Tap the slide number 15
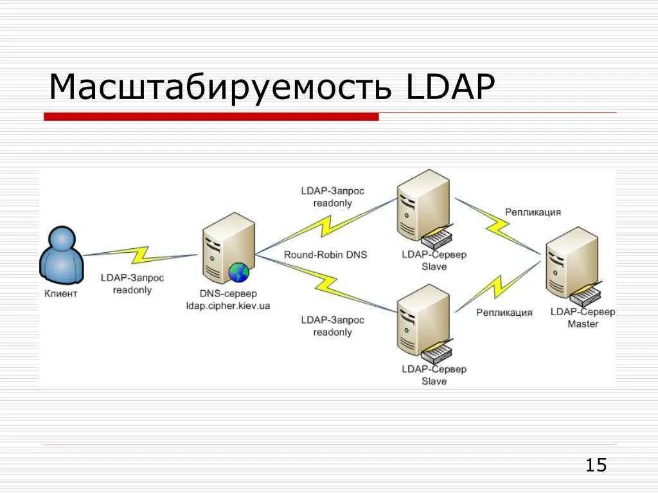coord(596,465)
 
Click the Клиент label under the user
coord(61,294)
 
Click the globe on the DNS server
coord(238,273)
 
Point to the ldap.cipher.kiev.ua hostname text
coord(227,306)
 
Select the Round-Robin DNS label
coord(325,255)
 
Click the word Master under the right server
coord(582,324)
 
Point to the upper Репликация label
coord(533,212)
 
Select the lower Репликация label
coord(504,313)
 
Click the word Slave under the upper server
coord(434,266)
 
